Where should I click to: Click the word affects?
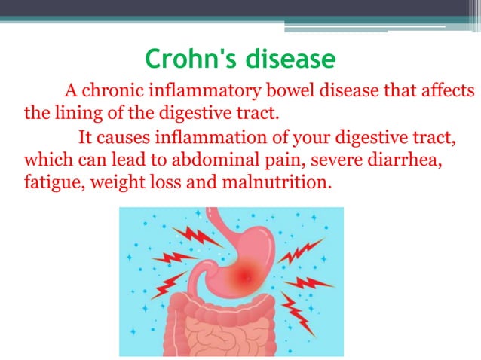tap(443, 92)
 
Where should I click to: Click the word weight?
tap(124, 183)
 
